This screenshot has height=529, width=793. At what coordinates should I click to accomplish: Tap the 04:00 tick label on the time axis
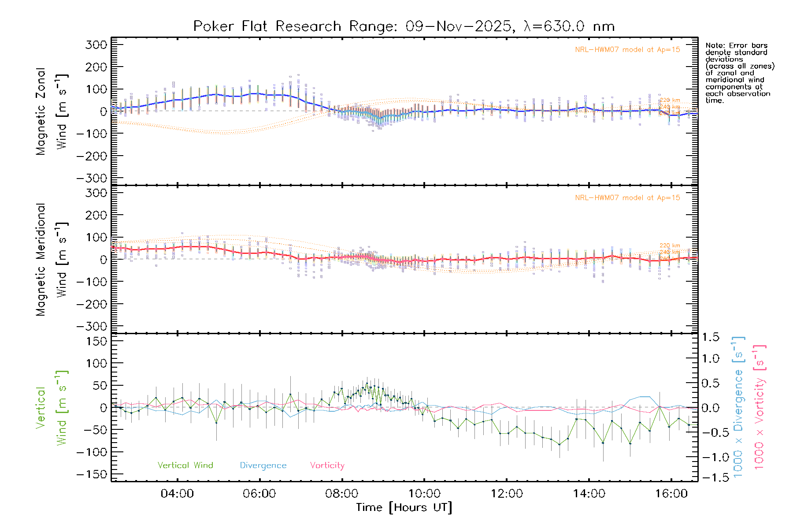tap(177, 494)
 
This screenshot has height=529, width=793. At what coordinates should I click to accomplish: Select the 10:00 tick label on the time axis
tap(424, 494)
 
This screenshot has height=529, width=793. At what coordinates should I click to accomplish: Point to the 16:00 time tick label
tap(671, 494)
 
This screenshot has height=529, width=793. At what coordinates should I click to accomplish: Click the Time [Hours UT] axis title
tap(404, 507)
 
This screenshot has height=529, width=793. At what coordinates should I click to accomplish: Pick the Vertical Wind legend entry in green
tap(185, 465)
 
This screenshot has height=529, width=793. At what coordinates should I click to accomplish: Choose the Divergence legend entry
tap(263, 465)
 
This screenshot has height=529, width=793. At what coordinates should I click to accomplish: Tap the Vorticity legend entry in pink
tap(327, 465)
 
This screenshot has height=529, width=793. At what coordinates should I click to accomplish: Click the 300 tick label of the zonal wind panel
tap(96, 45)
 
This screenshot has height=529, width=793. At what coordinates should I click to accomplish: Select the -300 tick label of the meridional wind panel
tap(92, 326)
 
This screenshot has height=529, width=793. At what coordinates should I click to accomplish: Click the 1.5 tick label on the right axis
tap(711, 337)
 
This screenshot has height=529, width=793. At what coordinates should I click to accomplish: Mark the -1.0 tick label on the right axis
tap(711, 457)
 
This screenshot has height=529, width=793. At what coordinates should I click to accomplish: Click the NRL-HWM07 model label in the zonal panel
tap(627, 50)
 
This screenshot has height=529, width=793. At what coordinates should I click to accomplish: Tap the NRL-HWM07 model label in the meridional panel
tap(627, 198)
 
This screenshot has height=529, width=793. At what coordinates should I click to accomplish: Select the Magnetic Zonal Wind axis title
tap(52, 111)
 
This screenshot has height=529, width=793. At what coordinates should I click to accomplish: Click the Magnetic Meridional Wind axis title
tap(52, 259)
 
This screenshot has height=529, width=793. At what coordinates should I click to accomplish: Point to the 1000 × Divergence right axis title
tap(738, 406)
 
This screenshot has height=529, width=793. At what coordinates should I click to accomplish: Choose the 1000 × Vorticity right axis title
tap(759, 406)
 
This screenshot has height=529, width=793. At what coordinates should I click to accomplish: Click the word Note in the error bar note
tap(714, 45)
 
